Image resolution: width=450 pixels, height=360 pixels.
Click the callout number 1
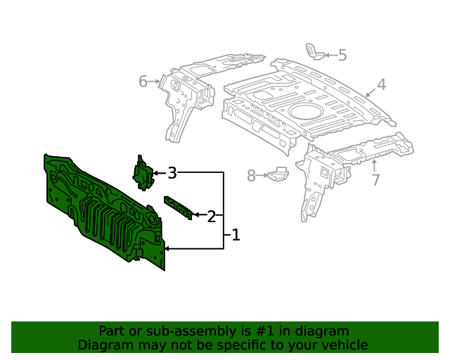pyautogui.click(x=236, y=235)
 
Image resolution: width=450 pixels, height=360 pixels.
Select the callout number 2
pyautogui.click(x=211, y=216)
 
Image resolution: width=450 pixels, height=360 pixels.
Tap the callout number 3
pyautogui.click(x=172, y=172)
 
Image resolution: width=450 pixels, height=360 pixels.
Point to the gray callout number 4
pyautogui.click(x=381, y=85)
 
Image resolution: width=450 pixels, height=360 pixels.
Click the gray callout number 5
pyautogui.click(x=342, y=55)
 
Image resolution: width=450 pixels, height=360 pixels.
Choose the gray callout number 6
pyautogui.click(x=143, y=82)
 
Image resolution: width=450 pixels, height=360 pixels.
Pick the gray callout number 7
pyautogui.click(x=375, y=180)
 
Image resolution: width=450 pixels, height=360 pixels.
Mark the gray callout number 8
pyautogui.click(x=251, y=176)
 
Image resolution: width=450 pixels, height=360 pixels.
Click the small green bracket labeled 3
pyautogui.click(x=143, y=172)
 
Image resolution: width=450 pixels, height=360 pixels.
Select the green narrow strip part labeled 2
pyautogui.click(x=178, y=207)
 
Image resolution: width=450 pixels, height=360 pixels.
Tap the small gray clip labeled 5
pyautogui.click(x=314, y=51)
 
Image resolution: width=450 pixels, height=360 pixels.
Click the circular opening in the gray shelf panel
pyautogui.click(x=304, y=110)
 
